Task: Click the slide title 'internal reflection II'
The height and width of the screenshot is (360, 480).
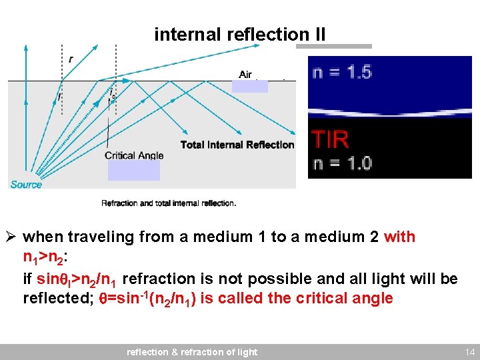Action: click(240, 34)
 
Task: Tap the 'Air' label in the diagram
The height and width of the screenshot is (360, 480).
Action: click(245, 74)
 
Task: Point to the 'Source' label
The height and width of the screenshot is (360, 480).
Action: click(26, 184)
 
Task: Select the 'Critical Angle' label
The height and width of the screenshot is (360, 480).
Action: click(133, 155)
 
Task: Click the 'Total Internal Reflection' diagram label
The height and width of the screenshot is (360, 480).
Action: click(237, 145)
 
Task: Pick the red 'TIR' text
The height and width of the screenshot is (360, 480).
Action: click(330, 139)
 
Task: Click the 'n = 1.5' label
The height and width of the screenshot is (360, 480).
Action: click(342, 71)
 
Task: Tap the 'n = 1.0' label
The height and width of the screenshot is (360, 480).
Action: click(342, 162)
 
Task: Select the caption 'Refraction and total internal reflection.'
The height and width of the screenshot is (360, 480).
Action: click(168, 203)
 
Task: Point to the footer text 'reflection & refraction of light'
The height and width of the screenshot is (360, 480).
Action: click(192, 351)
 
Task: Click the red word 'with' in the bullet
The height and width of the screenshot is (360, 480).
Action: click(399, 237)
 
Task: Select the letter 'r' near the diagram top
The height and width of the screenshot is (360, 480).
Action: click(71, 59)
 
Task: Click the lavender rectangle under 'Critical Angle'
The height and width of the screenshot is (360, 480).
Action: click(133, 170)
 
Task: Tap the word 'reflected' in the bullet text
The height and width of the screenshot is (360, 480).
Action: click(55, 298)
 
